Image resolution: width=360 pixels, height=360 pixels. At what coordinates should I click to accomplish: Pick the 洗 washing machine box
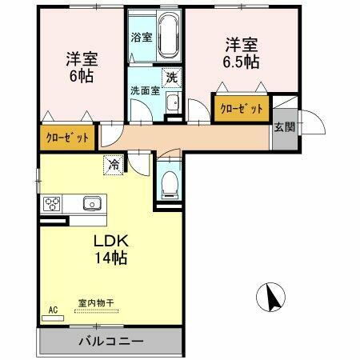pos(171,78)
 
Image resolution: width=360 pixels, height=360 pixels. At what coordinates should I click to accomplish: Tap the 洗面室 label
pos(146,90)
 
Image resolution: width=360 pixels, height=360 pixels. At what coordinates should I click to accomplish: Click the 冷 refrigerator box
pos(113,165)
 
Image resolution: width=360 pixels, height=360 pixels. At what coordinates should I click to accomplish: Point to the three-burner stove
pos(53,203)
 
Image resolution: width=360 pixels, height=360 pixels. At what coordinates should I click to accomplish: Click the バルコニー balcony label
pos(110,342)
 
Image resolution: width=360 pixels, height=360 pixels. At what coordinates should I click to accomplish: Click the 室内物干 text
pos(96,302)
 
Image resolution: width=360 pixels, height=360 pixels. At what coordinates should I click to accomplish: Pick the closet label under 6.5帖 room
pos(241,108)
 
